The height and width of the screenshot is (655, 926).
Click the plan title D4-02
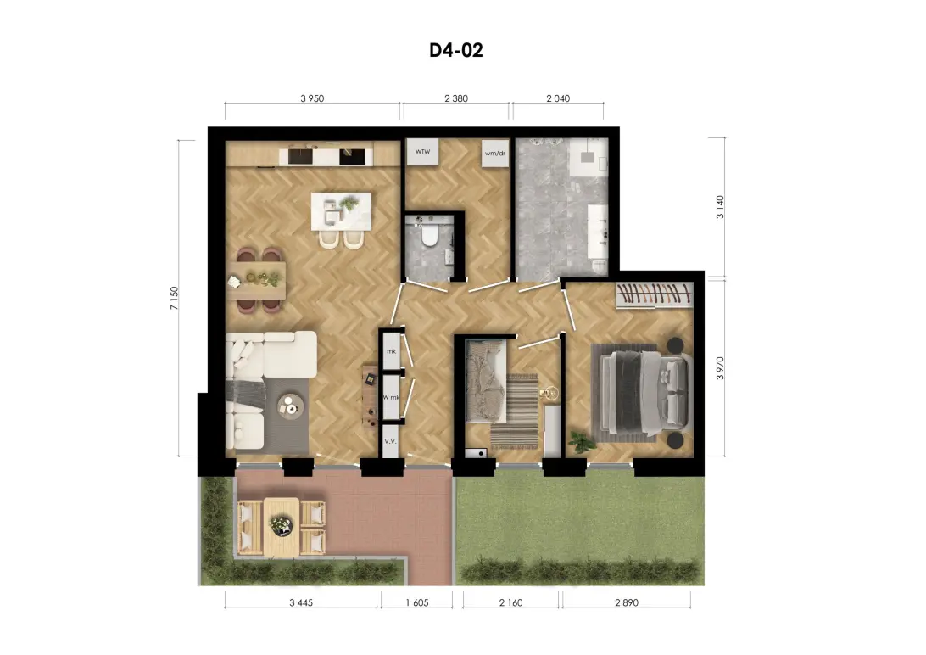[456, 50]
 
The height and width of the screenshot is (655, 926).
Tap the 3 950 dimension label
[312, 98]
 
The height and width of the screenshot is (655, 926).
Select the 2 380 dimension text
[456, 98]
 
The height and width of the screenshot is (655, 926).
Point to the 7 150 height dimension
[174, 299]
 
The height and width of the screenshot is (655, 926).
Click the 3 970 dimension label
[720, 368]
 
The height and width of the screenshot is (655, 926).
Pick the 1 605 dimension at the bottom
[417, 603]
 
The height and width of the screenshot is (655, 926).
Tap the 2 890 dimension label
[627, 603]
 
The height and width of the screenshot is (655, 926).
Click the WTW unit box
[422, 153]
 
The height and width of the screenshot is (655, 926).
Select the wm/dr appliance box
[495, 154]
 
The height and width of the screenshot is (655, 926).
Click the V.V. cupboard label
[390, 441]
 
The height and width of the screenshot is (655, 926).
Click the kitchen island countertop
[342, 211]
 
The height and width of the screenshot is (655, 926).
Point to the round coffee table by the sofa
[291, 406]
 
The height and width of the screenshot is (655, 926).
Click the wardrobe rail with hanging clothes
[654, 295]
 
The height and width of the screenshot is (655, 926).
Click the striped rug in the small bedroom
[514, 410]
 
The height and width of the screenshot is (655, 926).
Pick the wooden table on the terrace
[282, 527]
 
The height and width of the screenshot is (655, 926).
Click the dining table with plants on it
[257, 281]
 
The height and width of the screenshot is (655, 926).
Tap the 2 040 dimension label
[558, 98]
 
